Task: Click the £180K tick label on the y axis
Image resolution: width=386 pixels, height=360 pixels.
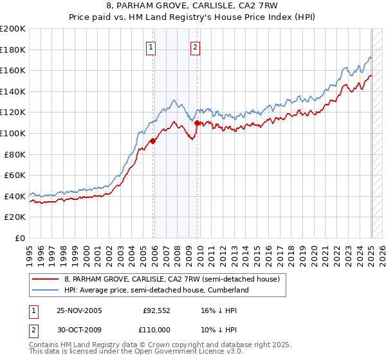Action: point(13,50)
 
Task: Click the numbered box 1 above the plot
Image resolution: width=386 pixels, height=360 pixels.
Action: point(151,47)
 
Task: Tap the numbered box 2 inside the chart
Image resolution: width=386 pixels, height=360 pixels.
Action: point(194,47)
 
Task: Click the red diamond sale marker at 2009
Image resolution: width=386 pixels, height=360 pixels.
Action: point(197,123)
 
